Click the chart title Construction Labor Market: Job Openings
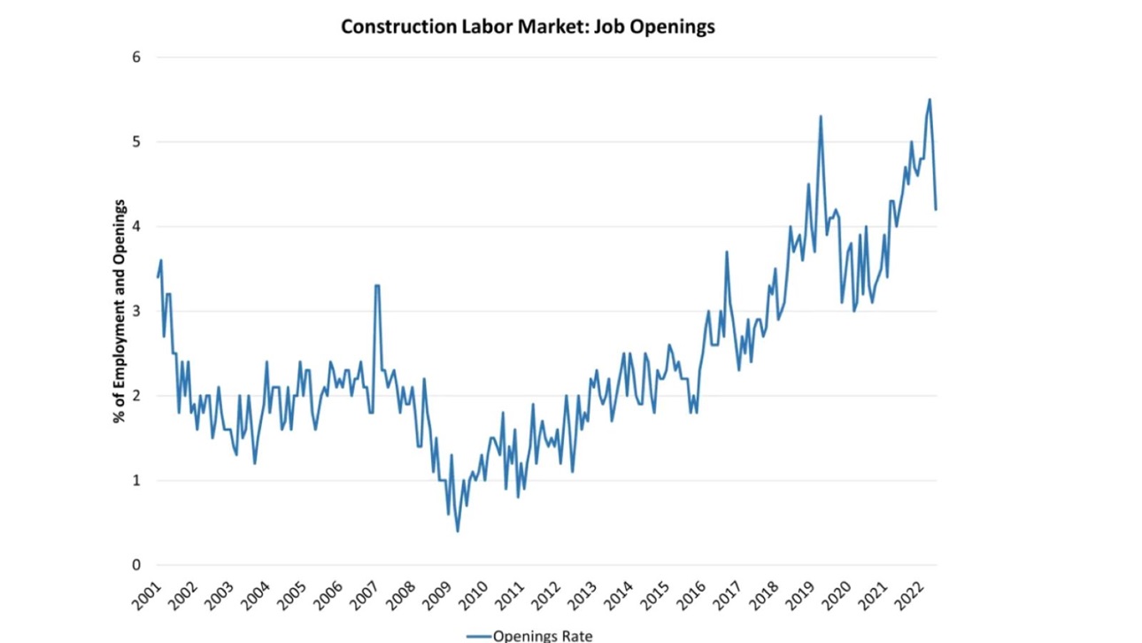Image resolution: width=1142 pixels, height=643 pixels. [528, 27]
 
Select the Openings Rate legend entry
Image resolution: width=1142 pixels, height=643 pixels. [529, 634]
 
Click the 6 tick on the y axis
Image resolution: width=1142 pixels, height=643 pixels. [136, 58]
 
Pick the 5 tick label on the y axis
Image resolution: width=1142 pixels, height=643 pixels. [136, 142]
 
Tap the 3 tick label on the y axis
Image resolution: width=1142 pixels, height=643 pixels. [136, 311]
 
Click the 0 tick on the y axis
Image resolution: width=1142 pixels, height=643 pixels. [136, 565]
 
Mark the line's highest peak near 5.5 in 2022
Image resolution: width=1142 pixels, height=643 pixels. [930, 99]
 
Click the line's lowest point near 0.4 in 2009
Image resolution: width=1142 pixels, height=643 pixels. [458, 531]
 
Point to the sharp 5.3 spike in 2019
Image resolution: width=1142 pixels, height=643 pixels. [821, 116]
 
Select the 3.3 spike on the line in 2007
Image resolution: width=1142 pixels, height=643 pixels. [377, 286]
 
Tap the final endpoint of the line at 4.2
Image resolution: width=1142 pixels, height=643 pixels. [936, 209]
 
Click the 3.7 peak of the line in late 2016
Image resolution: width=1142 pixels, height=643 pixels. [726, 252]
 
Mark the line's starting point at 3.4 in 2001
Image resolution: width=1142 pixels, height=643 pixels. [158, 277]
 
